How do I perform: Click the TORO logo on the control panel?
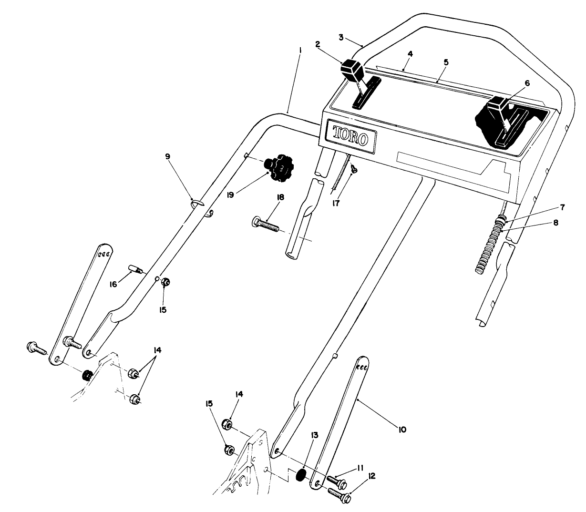point(350,137)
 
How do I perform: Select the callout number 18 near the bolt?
point(280,197)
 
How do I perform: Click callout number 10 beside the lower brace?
point(401,430)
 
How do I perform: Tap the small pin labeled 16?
point(136,269)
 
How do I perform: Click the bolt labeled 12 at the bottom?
point(339,494)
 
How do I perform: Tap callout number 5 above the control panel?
point(446,62)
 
